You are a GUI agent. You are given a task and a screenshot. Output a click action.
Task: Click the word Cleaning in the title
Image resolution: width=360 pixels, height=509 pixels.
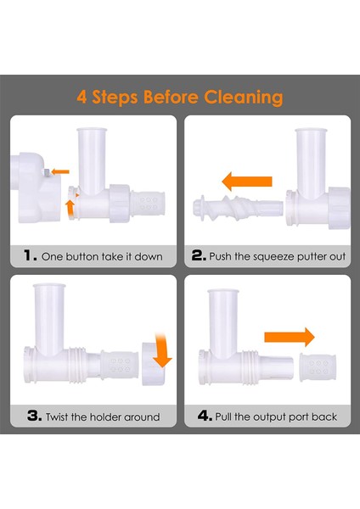pyautogui.click(x=244, y=98)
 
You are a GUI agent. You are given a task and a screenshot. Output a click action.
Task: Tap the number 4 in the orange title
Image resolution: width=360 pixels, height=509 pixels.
pyautogui.click(x=82, y=97)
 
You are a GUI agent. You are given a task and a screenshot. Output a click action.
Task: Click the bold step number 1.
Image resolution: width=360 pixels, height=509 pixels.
pyautogui.click(x=31, y=255)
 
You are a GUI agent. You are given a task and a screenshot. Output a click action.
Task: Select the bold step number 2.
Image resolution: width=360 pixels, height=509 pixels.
pyautogui.click(x=199, y=255)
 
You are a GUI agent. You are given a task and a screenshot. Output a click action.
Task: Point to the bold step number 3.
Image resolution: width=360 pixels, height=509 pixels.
pyautogui.click(x=34, y=416)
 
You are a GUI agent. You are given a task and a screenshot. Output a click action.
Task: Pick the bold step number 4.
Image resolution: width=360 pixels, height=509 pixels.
pyautogui.click(x=205, y=416)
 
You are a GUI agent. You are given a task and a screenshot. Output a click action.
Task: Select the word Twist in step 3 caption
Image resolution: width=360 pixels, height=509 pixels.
pyautogui.click(x=57, y=417)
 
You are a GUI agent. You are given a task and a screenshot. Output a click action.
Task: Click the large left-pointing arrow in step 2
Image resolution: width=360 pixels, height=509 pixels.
pyautogui.click(x=246, y=182)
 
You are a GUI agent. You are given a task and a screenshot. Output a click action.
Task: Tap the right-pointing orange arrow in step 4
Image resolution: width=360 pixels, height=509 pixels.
pyautogui.click(x=290, y=338)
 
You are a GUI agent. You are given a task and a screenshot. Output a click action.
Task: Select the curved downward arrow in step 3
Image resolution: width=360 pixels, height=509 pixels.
pyautogui.click(x=161, y=350)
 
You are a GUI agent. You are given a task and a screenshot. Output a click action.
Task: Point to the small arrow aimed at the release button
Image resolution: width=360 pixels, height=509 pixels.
pyautogui.click(x=60, y=171)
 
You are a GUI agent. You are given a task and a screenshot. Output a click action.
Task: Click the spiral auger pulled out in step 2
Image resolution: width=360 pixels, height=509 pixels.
pyautogui.click(x=238, y=208)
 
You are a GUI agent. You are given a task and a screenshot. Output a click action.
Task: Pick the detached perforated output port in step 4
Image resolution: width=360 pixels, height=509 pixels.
pyautogui.click(x=318, y=367)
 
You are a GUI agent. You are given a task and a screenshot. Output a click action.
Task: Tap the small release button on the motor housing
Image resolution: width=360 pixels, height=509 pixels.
pyautogui.click(x=47, y=172)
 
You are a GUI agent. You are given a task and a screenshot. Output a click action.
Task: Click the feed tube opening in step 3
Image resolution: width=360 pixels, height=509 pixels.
pyautogui.click(x=49, y=286)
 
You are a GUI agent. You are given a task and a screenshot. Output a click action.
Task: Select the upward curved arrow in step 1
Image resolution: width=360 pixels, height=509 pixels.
pyautogui.click(x=70, y=208)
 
